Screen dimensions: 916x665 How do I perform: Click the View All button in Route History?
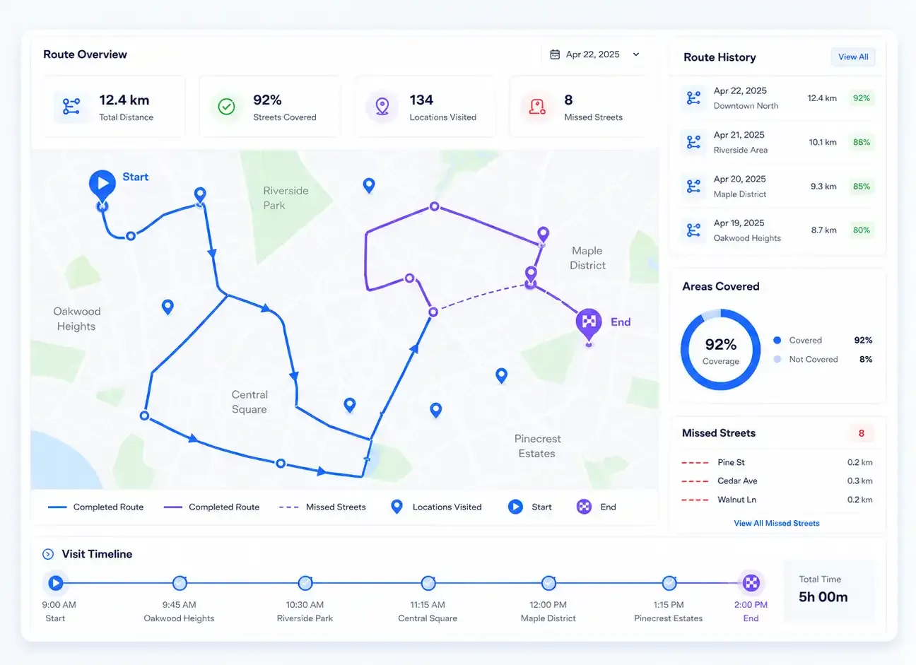pos(853,57)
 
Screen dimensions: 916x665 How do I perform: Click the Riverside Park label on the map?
pos(286,198)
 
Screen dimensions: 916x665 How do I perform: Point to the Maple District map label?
pos(587,258)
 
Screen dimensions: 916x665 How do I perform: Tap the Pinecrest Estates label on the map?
pos(537,446)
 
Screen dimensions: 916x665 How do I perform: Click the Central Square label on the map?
pos(249,401)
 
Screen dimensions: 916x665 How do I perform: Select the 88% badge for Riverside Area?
pos(861,142)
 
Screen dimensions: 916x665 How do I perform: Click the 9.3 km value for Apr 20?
pos(823,187)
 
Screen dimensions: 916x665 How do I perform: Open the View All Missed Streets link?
pos(777,523)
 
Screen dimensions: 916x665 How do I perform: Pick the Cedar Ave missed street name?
pos(737,481)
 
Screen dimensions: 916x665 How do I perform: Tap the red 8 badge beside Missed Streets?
pos(861,433)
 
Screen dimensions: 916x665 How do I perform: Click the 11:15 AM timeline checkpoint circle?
pos(428,583)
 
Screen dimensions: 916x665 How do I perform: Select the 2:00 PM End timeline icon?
pos(751,583)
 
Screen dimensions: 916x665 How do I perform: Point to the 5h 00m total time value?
pos(823,597)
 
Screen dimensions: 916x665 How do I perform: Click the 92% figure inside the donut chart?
pos(720,344)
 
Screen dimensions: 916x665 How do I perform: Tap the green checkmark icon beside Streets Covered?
pos(226,106)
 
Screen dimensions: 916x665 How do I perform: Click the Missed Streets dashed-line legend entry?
pos(322,507)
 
